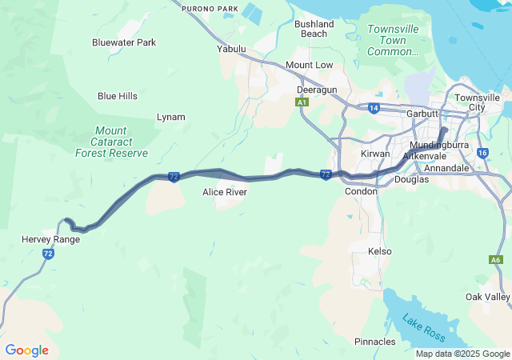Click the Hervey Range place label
point(50,239)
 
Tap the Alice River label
point(225,192)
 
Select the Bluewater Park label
point(124,42)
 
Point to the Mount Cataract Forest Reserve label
point(111,141)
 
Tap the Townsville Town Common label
point(393,40)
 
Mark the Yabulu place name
point(231,48)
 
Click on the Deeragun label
point(317,90)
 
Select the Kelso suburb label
point(379,251)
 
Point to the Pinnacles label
point(374,342)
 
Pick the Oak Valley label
point(487,297)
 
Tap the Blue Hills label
point(118,96)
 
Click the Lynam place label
point(170,117)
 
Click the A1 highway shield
point(301,103)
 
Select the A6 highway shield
point(496,259)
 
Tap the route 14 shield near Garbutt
point(374,107)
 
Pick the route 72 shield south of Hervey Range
point(48,254)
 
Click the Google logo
point(26,350)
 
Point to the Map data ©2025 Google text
point(462,354)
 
